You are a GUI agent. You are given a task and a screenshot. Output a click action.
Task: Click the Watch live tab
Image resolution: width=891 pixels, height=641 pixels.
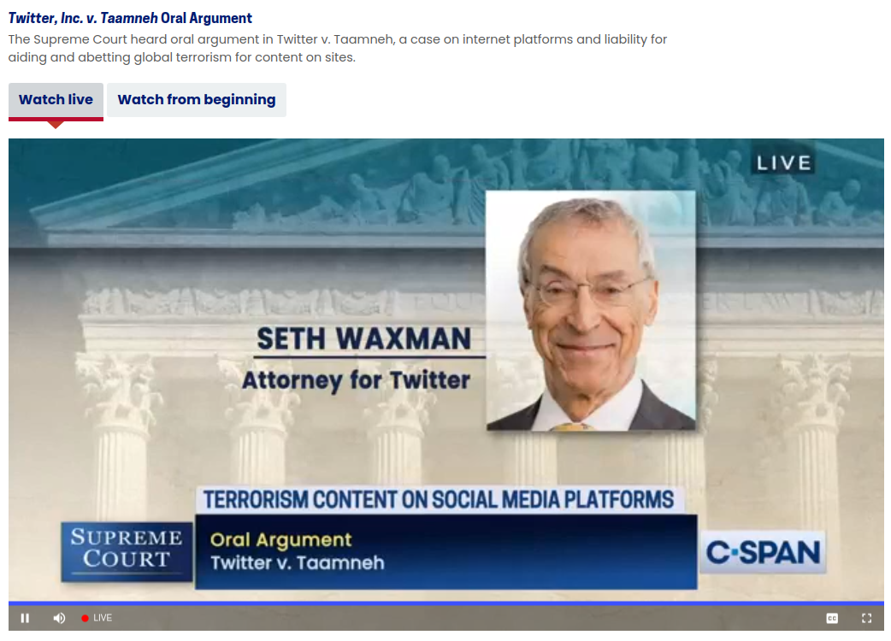pos(56,100)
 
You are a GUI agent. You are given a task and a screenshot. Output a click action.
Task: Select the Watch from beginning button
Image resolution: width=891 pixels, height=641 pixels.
pos(197,100)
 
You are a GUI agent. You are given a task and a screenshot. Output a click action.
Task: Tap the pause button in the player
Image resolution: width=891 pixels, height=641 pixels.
pos(25,618)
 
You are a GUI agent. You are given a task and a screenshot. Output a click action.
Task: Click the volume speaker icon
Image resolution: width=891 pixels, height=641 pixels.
pos(59,618)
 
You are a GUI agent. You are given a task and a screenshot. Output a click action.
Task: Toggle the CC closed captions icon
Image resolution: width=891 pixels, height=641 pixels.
pos(832,618)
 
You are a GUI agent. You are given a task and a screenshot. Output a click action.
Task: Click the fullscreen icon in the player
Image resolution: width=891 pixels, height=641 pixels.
pos(866,618)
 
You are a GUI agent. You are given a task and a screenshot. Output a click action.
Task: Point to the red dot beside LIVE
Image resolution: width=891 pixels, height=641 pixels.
pos(85,618)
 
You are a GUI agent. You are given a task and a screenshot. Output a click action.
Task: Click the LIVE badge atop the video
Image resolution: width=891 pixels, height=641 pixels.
pos(783,163)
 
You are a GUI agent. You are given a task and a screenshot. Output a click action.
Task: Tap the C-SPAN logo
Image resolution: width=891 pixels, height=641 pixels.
pos(763,552)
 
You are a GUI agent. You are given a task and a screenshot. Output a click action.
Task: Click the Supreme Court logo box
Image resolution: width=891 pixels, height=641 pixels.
pos(127,550)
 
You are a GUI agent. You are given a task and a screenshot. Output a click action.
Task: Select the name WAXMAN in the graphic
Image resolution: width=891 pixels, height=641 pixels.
pos(403,339)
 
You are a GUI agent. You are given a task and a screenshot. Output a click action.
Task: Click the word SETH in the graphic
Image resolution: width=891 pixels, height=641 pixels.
pos(291,339)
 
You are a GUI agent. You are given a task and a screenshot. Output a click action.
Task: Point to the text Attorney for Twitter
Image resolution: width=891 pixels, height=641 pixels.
pos(357,380)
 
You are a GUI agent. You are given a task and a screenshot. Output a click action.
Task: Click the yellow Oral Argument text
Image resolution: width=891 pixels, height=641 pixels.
pos(280,540)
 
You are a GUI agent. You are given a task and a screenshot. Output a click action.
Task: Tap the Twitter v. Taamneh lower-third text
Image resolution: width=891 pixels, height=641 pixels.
pos(298,563)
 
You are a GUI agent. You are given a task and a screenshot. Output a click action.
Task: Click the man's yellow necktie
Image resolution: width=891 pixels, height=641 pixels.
pos(570,426)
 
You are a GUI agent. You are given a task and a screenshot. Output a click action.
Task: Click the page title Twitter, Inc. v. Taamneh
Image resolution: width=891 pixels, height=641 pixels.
pos(83,18)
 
